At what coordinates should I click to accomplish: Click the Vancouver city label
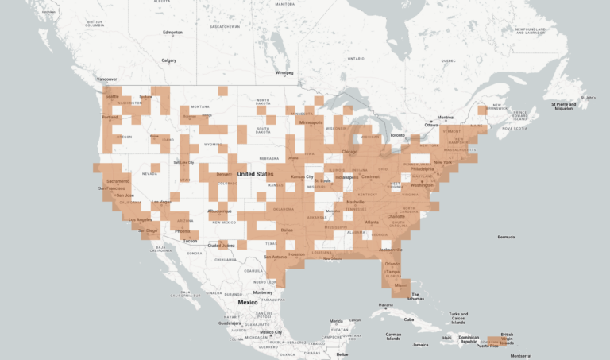106,79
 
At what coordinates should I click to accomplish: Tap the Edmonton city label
172,33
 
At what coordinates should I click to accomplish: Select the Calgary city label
168,60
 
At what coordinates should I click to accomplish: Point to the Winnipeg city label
284,73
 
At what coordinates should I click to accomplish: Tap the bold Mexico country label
247,302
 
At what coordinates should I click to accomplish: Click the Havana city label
386,305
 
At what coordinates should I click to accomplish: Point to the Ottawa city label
431,125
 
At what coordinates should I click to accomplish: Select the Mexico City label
268,331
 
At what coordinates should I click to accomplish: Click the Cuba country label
409,319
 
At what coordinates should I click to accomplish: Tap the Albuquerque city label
219,211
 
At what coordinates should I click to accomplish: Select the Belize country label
342,354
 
